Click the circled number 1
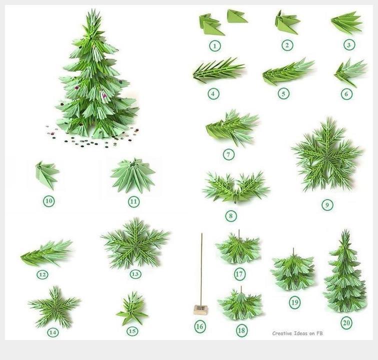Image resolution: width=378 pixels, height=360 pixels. [214, 45]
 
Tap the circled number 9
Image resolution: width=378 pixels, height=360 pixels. [327, 205]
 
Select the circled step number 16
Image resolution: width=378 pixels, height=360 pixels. [200, 326]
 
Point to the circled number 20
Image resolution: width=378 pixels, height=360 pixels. [346, 322]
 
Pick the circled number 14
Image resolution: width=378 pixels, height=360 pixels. [53, 333]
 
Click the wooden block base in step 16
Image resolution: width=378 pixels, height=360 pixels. [200, 309]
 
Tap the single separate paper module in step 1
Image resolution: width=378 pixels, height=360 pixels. [236, 16]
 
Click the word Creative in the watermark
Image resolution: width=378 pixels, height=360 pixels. [281, 333]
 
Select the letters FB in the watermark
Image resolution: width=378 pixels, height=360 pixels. [319, 333]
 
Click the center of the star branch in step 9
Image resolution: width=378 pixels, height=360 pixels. [327, 156]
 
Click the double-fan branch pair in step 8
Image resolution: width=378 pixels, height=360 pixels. [236, 187]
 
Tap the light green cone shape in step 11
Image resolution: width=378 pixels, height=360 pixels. [133, 175]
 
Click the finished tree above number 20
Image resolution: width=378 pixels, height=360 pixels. [345, 271]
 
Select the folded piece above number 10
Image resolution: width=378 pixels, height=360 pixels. [47, 175]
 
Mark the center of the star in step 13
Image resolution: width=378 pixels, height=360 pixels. [135, 243]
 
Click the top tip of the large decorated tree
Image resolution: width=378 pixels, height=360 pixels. [93, 9]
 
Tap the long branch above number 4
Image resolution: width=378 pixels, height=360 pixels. [218, 70]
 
